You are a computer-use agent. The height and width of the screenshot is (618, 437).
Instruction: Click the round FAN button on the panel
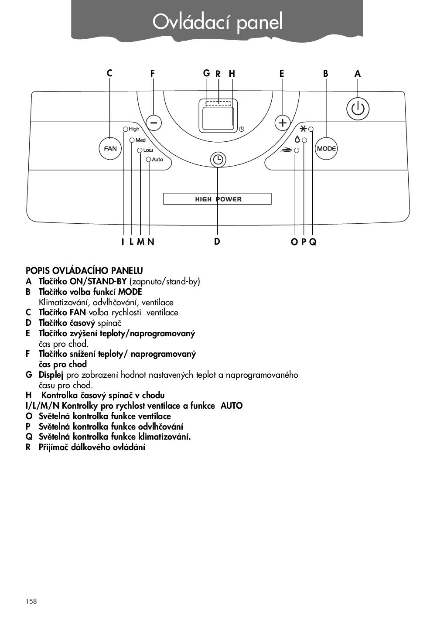pos(110,148)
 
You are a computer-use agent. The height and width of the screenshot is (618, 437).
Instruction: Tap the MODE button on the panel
pos(326,148)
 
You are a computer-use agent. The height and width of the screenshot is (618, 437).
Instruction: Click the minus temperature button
pos(154,123)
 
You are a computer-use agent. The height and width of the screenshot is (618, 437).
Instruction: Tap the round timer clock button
pos(218,160)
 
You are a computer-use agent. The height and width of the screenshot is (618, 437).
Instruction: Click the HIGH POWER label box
pos(217,199)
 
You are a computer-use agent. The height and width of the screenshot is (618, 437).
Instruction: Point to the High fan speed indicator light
pos(126,129)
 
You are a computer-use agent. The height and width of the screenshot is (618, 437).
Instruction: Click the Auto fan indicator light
pos(149,160)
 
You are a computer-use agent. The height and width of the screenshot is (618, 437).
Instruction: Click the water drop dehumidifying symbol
pos(297,140)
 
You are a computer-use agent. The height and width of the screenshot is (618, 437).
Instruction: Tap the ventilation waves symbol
pos(287,150)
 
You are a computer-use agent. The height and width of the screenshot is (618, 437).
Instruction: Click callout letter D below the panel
pos(217,241)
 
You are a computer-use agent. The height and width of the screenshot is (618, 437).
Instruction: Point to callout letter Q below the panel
pos(313,242)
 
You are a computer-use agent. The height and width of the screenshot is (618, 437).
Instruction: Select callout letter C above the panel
pos(109,73)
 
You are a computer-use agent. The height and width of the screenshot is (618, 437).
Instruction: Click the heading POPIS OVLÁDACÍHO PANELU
pos(84,270)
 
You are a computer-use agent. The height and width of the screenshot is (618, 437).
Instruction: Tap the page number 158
pos(31,601)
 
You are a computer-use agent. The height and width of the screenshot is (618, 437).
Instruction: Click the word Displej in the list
pos(51,375)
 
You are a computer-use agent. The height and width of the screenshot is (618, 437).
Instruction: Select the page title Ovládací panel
pos(218,21)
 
